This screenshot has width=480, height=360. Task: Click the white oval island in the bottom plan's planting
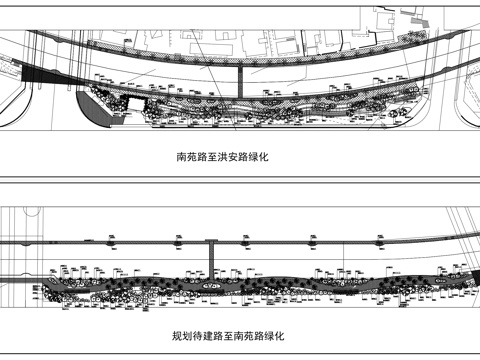[209, 289]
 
